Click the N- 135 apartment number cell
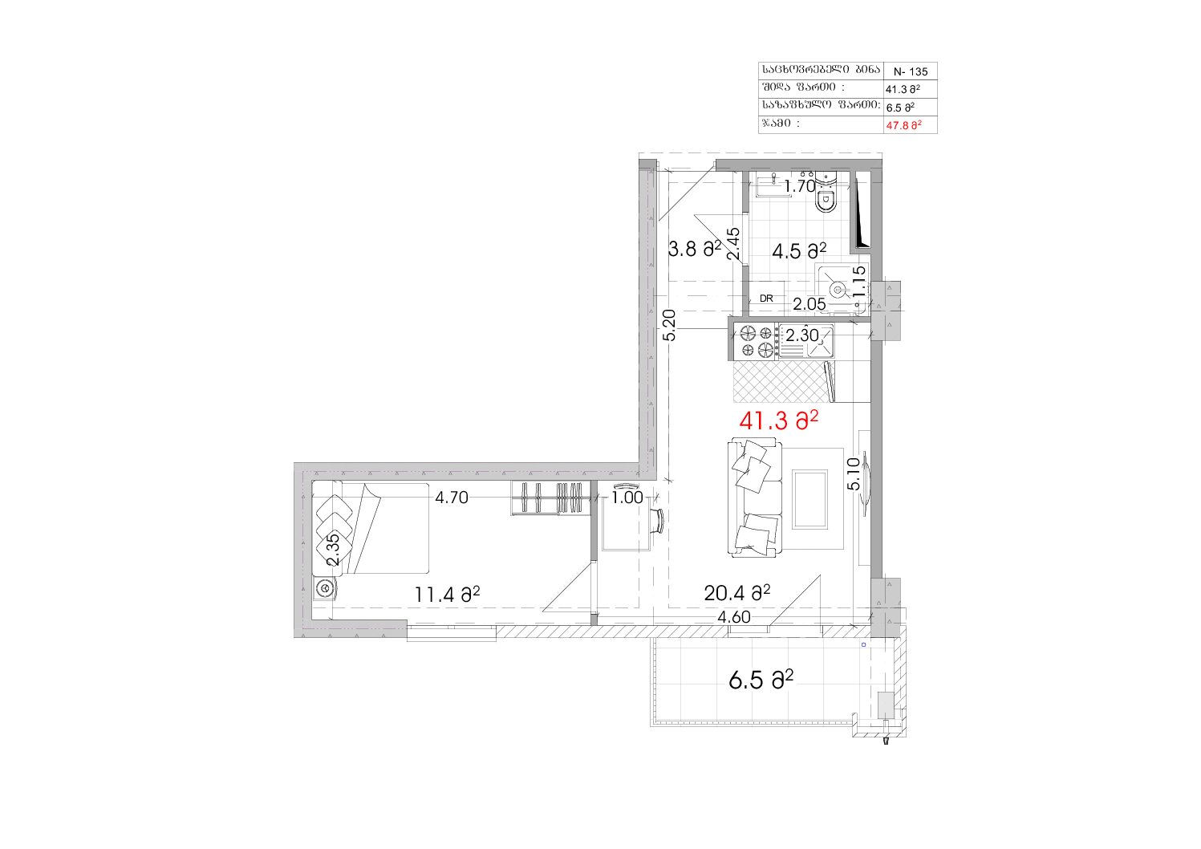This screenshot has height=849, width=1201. pyautogui.click(x=910, y=71)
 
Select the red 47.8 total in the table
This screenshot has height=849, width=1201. pyautogui.click(x=904, y=125)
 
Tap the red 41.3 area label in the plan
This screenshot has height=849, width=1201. pyautogui.click(x=778, y=421)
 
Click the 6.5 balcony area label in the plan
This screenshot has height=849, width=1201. pyautogui.click(x=761, y=680)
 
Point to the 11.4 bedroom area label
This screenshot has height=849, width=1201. pyautogui.click(x=447, y=595)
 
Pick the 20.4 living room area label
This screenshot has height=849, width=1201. pyautogui.click(x=737, y=593)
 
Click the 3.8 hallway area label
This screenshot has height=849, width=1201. pyautogui.click(x=695, y=249)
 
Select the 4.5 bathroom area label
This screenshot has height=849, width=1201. pyautogui.click(x=799, y=250)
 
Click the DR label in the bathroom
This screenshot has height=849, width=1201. pyautogui.click(x=766, y=299)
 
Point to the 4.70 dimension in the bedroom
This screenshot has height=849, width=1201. pyautogui.click(x=452, y=498)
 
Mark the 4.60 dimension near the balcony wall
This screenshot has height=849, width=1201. pyautogui.click(x=734, y=617)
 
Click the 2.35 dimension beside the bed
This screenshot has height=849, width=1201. pyautogui.click(x=333, y=550)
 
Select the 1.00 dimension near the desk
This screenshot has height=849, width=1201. pyautogui.click(x=627, y=498)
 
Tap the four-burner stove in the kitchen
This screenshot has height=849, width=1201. pyautogui.click(x=756, y=341)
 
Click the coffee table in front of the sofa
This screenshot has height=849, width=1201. pyautogui.click(x=810, y=499)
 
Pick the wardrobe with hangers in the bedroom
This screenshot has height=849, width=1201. pyautogui.click(x=550, y=498)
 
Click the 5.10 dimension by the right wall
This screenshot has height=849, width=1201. pyautogui.click(x=854, y=473)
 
